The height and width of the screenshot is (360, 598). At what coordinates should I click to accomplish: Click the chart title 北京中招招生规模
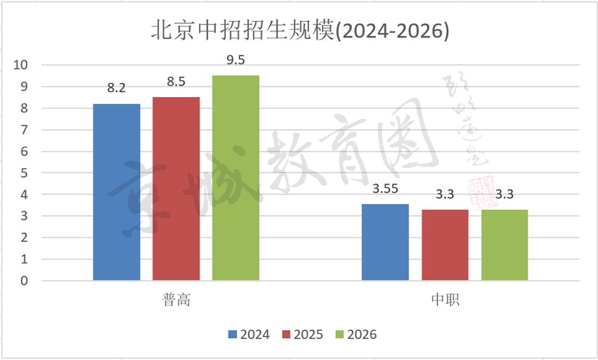(299, 31)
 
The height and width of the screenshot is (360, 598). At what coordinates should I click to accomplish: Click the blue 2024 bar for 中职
(386, 242)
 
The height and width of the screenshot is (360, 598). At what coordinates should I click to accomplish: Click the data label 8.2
(117, 88)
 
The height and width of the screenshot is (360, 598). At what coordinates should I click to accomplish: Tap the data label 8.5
(176, 81)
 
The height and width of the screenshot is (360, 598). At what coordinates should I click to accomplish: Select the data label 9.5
(236, 60)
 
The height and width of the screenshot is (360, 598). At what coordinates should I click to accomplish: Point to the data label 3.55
(386, 188)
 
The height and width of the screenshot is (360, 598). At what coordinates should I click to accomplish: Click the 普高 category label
(176, 300)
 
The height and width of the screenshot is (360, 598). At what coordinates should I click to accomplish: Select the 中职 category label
(446, 300)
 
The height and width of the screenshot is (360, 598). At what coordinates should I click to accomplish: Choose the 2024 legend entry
(248, 334)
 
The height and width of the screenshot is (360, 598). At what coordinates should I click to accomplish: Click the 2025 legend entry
(303, 334)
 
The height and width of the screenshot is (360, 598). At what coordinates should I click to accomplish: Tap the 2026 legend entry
(357, 334)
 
